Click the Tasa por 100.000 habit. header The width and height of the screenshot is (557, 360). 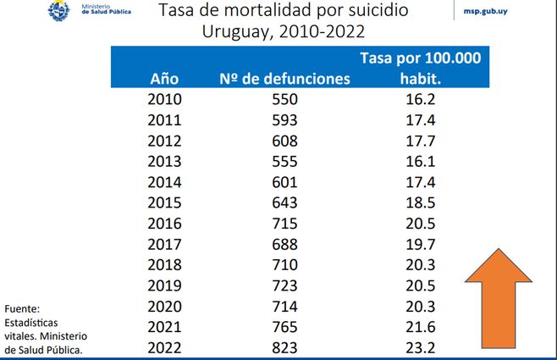(x=421, y=68)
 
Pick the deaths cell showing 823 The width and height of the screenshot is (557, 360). (x=284, y=347)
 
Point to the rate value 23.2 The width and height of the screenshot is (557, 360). (x=421, y=347)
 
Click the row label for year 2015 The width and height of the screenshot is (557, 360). (x=164, y=202)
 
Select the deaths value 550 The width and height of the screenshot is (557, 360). (x=284, y=98)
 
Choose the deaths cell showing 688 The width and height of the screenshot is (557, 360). (x=284, y=244)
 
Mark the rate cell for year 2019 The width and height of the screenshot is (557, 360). (x=421, y=285)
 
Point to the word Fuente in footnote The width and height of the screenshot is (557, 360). (x=22, y=308)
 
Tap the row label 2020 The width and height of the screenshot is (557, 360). (x=164, y=306)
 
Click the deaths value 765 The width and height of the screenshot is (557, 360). (x=284, y=327)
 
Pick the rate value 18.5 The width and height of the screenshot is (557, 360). (x=421, y=202)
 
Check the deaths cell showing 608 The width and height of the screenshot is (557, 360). (x=284, y=140)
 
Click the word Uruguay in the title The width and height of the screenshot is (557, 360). (x=235, y=34)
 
